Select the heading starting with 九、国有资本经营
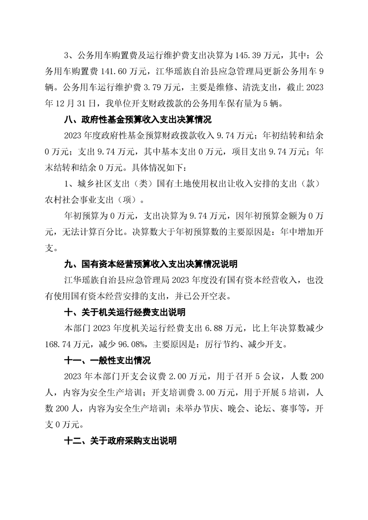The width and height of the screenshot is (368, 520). click(150, 264)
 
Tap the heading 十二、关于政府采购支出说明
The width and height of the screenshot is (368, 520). click(120, 440)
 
